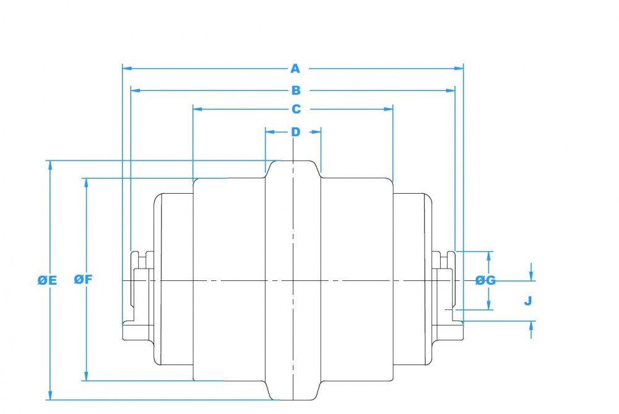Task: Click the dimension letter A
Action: coord(295,68)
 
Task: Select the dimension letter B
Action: coord(296,90)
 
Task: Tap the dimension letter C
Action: coord(296,109)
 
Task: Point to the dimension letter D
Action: coord(295,131)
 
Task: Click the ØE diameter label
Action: coord(47,280)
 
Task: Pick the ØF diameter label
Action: coord(83,279)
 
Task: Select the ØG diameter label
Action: coord(486,280)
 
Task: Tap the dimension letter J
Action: coord(528,301)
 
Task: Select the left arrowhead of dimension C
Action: coord(197,109)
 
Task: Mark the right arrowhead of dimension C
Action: coord(389,109)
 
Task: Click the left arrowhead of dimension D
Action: coord(269,131)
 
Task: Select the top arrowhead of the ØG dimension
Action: coord(490,255)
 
